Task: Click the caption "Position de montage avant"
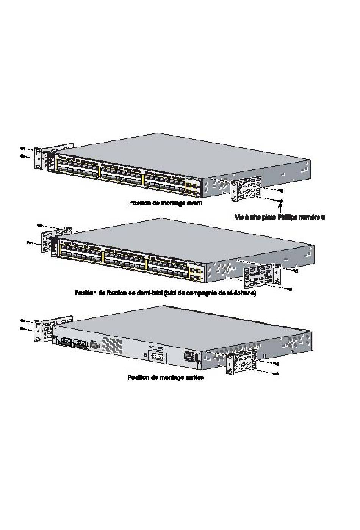166,203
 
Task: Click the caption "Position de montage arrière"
166,378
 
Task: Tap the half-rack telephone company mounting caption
166,293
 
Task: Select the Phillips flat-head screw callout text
280,217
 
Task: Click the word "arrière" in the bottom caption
194,378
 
